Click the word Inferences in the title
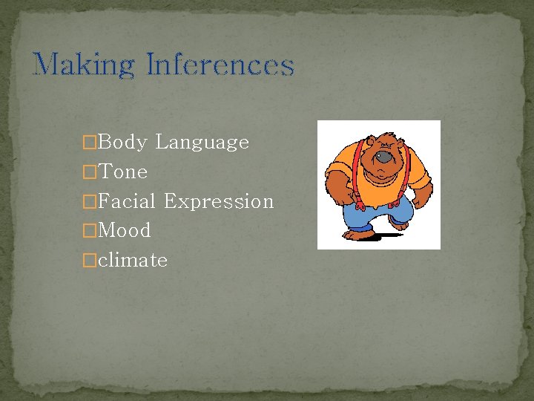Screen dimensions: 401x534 (220, 65)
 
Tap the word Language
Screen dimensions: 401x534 (202, 143)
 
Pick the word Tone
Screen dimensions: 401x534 (123, 172)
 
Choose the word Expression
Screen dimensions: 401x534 (219, 202)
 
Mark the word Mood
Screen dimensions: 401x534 (124, 230)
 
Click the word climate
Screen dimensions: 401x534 (133, 260)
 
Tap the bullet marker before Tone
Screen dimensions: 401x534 (90, 172)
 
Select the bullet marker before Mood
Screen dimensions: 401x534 (90, 231)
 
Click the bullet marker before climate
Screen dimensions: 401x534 (90, 261)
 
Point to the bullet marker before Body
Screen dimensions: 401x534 (90, 143)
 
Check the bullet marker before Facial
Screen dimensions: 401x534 (90, 202)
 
